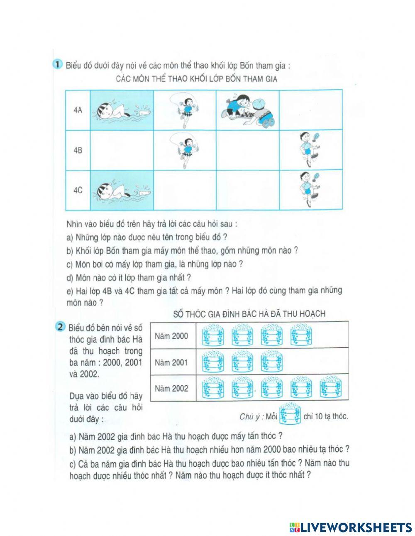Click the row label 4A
pos(78,110)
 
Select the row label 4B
pos(78,150)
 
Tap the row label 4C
pos(78,190)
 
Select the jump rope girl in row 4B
pos(185,150)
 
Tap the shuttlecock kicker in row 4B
pos(310,149)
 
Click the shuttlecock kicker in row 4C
pos(310,189)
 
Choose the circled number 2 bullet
pos(61,327)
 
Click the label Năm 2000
pos(171,336)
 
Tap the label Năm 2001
pos(171,362)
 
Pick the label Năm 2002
pos(171,389)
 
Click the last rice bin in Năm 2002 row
pos(331,388)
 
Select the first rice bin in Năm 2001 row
pos(213,362)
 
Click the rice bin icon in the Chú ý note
pos(290,415)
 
